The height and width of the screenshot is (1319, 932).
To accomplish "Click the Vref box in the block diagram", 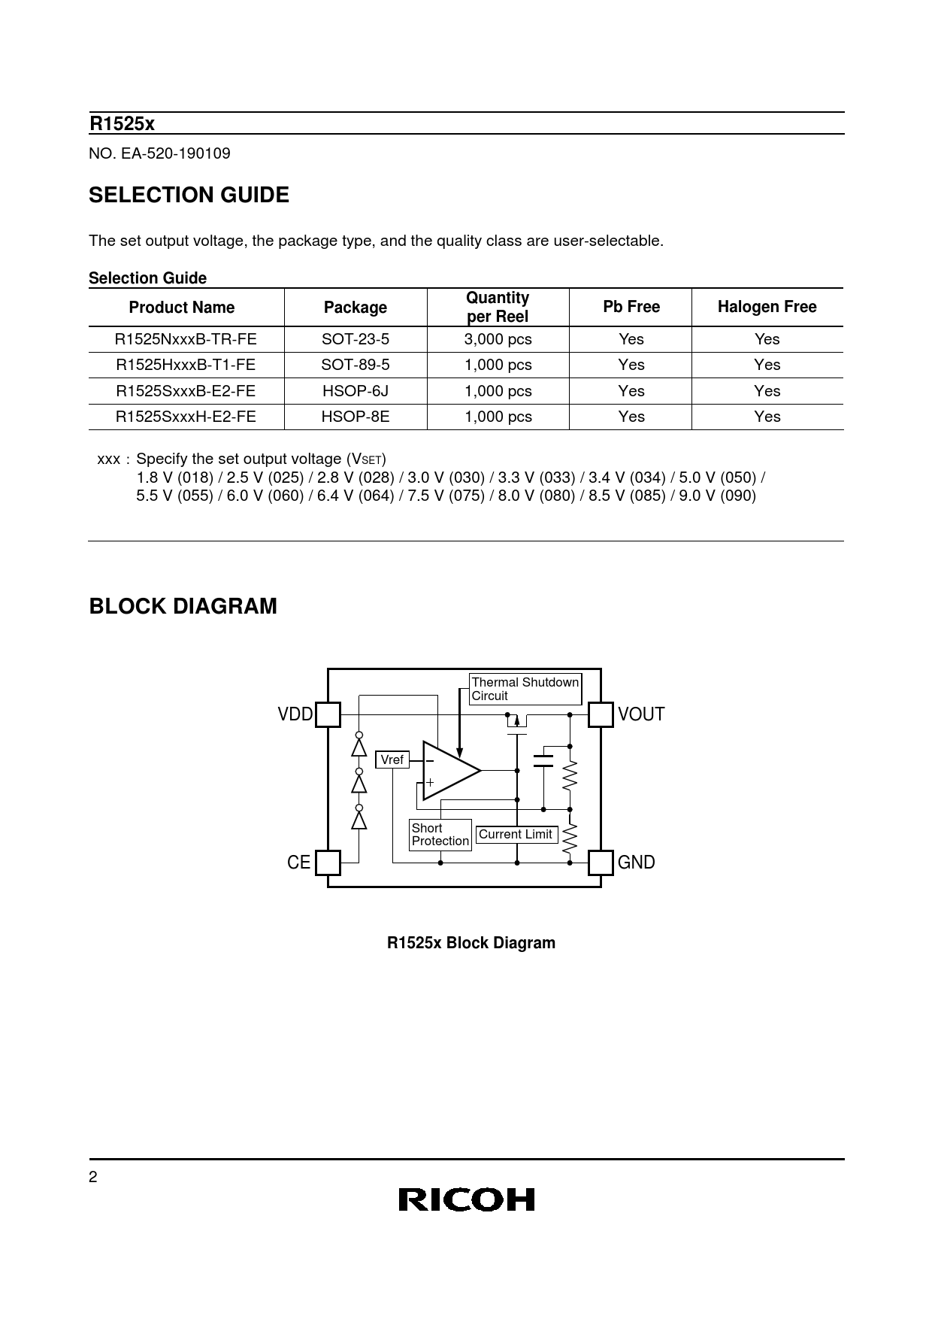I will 392,760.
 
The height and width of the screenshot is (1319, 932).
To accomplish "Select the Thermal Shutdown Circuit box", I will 525,689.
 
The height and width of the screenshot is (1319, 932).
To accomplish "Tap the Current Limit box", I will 516,834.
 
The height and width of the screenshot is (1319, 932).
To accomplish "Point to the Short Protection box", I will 440,835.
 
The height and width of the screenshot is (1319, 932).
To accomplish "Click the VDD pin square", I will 328,714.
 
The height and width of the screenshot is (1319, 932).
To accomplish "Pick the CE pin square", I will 328,863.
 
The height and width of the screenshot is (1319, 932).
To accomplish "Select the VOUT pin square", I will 600,714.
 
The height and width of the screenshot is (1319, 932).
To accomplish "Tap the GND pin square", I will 600,863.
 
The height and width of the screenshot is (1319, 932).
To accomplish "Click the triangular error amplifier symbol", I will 449,770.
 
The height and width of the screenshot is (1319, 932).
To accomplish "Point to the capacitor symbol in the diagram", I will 543,760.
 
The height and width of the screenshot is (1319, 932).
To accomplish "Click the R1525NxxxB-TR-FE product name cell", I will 186,339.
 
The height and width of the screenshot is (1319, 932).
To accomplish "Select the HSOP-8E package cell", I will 356,417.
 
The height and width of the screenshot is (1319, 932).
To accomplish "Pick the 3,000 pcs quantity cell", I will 498,339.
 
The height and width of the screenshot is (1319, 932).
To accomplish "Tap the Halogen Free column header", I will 767,307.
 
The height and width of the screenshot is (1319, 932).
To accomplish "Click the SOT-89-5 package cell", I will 356,365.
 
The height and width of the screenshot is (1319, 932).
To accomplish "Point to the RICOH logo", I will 466,1199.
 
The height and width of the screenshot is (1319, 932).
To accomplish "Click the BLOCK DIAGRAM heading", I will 183,606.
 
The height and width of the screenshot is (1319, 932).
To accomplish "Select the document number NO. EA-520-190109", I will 160,153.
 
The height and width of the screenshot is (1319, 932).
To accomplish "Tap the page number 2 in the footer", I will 93,1178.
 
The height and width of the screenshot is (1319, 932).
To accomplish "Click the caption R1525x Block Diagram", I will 471,943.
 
